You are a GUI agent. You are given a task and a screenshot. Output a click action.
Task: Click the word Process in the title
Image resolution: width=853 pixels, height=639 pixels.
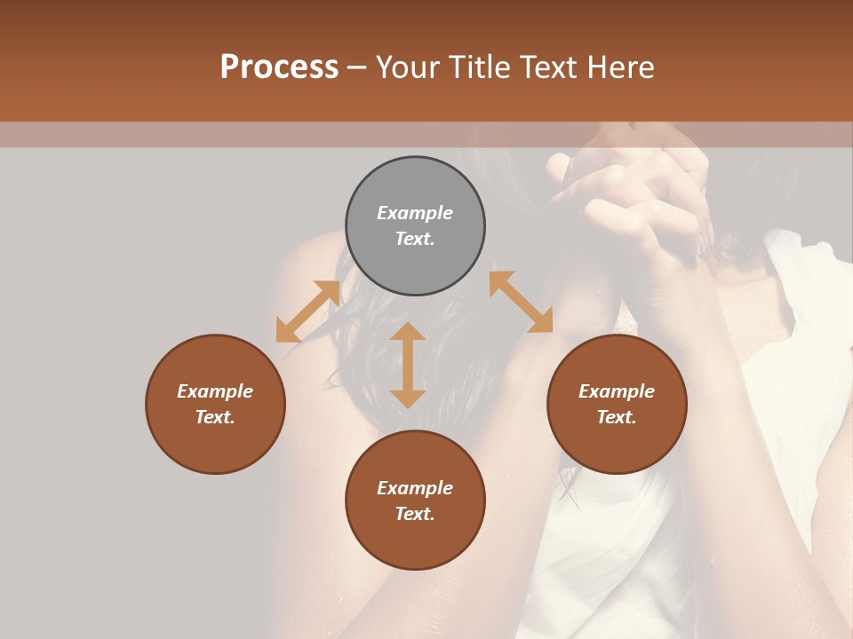coord(279,67)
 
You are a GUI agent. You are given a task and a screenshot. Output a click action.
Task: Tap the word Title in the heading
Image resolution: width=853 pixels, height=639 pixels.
coord(478,67)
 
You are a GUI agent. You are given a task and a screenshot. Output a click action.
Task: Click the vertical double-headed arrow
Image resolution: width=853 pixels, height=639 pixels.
coord(408,365)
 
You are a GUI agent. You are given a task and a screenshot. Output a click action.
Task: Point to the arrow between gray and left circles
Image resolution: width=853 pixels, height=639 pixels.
coord(307,312)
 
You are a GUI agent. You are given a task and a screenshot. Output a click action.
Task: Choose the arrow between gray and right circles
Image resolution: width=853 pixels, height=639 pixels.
coord(521,302)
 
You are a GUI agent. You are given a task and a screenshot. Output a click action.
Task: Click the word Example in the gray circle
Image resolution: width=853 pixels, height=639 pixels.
coord(415,213)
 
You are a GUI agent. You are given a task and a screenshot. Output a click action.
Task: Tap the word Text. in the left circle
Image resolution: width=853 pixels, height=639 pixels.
coord(215,417)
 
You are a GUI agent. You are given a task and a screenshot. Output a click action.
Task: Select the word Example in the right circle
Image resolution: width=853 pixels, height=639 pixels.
coord(617,391)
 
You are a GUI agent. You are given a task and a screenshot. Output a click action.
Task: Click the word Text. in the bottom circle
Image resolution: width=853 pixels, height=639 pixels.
coord(415,514)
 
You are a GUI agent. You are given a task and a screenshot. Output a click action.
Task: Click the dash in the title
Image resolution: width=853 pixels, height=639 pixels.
coord(356,68)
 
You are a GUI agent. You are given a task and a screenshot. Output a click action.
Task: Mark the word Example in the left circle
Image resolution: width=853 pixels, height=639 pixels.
coord(215,391)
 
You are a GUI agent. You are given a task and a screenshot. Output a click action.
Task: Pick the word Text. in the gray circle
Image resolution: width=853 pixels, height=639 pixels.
coord(415,239)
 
